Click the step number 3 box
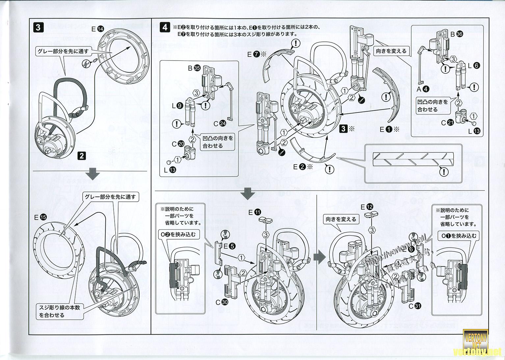pyautogui.click(x=38, y=27)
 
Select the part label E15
pyautogui.click(x=40, y=217)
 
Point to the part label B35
pyautogui.click(x=194, y=68)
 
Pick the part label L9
pyautogui.click(x=176, y=106)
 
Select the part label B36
pyautogui.click(x=456, y=34)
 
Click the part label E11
pyautogui.click(x=254, y=212)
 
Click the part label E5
pyautogui.click(x=229, y=245)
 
